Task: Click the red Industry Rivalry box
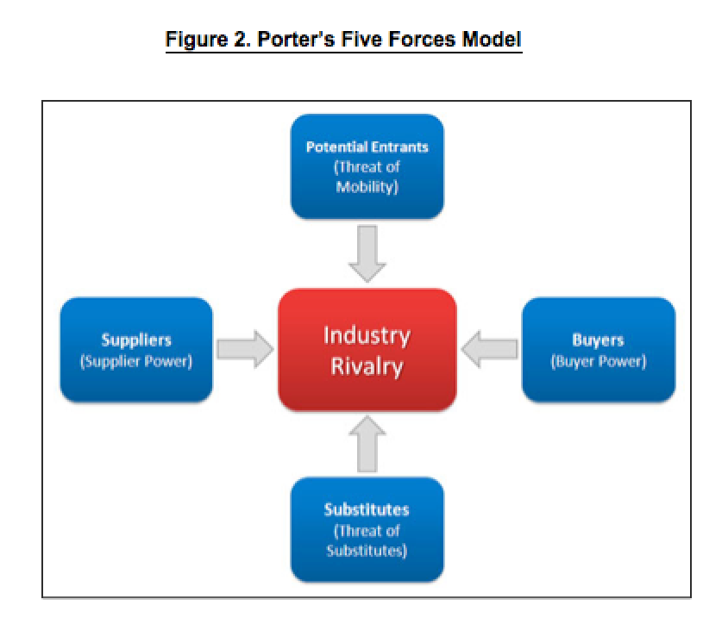[x=367, y=350]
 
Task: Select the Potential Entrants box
[x=367, y=166]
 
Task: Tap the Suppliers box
[x=136, y=350]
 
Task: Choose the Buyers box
[x=599, y=350]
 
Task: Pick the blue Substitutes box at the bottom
[x=367, y=529]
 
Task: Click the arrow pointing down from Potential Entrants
[x=367, y=253]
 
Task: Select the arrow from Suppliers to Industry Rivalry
[x=245, y=349]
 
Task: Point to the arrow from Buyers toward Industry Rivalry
[x=489, y=349]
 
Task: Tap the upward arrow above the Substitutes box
[x=367, y=444]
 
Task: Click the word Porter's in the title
[x=296, y=39]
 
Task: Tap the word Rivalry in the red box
[x=367, y=366]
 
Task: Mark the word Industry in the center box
[x=367, y=336]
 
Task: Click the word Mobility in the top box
[x=366, y=187]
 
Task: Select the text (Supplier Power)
[x=136, y=361]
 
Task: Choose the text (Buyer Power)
[x=599, y=361]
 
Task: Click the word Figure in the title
[x=197, y=40]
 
